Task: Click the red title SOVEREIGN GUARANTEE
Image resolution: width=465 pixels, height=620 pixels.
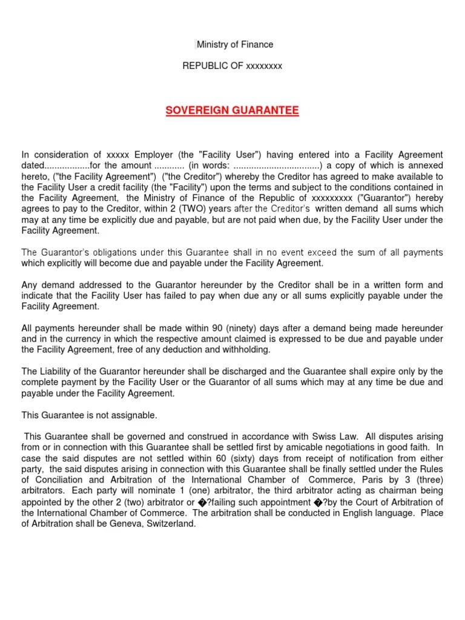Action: pos(232,110)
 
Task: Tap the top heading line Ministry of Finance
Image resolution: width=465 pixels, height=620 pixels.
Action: pos(234,44)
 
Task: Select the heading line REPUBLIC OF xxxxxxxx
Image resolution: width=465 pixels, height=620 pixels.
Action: pos(232,65)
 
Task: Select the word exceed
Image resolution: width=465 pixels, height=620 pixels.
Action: pos(322,252)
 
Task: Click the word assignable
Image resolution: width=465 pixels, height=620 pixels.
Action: pos(133,415)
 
